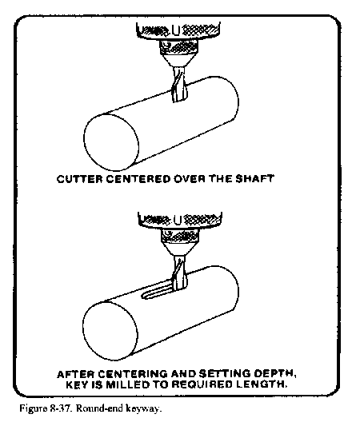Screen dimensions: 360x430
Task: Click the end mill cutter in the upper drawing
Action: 179,85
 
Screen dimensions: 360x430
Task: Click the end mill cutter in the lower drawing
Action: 179,273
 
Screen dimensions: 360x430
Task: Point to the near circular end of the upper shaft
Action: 111,142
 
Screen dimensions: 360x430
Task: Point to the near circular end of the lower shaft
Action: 110,331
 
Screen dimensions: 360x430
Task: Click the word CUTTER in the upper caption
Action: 79,179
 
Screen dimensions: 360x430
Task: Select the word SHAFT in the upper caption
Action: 254,179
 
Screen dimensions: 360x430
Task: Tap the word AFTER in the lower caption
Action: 76,374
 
